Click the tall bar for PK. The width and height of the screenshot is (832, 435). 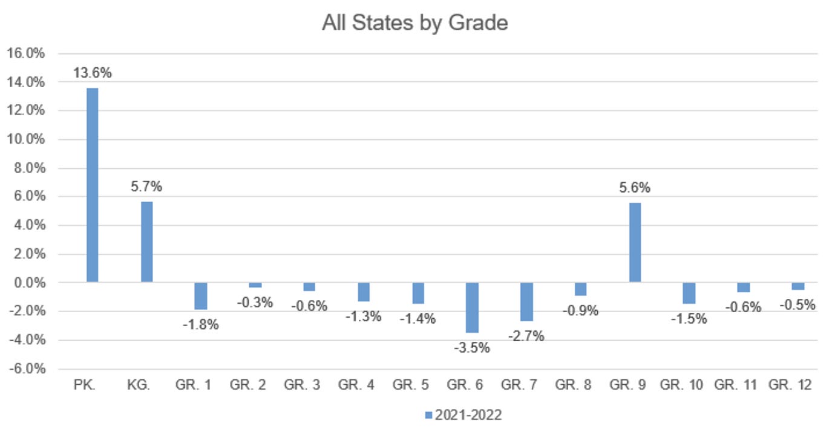click(x=92, y=185)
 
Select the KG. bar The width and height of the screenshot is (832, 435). click(x=146, y=241)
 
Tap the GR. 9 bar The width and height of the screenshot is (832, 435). click(x=635, y=242)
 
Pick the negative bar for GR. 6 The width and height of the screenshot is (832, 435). click(x=472, y=307)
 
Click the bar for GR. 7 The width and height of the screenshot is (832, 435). click(x=526, y=301)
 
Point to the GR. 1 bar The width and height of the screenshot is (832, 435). click(x=201, y=296)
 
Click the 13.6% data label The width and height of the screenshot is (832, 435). click(x=92, y=73)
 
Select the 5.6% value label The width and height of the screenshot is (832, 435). click(x=635, y=188)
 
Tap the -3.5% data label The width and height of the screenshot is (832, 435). click(x=472, y=348)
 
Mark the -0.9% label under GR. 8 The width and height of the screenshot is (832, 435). click(x=580, y=311)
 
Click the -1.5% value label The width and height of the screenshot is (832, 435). click(x=689, y=319)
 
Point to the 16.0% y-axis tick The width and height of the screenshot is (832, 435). click(x=26, y=53)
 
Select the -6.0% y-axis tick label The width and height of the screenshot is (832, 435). click(x=26, y=369)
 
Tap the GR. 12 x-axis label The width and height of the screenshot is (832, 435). click(x=790, y=385)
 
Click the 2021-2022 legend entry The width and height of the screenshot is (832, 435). click(x=463, y=415)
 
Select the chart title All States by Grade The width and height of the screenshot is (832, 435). click(x=414, y=23)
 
